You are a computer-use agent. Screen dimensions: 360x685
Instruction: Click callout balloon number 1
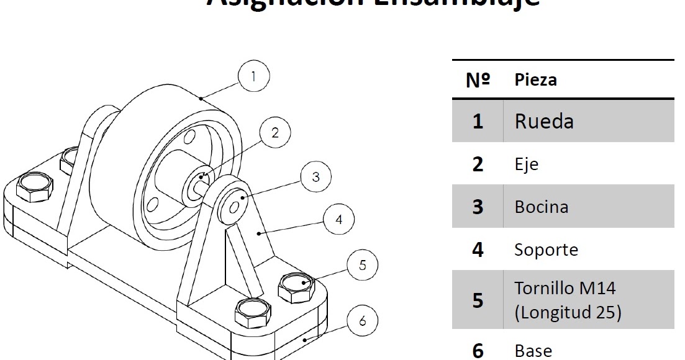(x=253, y=77)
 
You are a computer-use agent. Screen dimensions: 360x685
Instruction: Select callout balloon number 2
(x=275, y=132)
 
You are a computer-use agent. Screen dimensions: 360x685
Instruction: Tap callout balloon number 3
(x=316, y=177)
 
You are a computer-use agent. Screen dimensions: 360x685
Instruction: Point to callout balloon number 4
(x=338, y=219)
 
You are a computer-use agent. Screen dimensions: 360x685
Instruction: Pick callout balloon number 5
(x=363, y=265)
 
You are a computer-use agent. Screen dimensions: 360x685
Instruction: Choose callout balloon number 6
(x=363, y=321)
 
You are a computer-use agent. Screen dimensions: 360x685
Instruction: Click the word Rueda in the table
(x=544, y=121)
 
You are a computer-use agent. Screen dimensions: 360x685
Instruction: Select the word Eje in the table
(x=526, y=164)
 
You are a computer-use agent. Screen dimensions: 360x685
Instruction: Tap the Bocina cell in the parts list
(x=541, y=207)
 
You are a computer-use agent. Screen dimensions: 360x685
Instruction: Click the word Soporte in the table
(x=546, y=250)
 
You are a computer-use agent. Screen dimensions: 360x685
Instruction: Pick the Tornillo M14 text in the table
(x=565, y=289)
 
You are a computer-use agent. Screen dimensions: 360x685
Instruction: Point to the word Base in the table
(x=533, y=351)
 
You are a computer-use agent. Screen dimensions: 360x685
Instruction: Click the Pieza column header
(x=535, y=80)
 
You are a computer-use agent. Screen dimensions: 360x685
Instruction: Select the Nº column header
(x=477, y=80)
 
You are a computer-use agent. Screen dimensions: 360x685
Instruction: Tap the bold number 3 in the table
(x=477, y=207)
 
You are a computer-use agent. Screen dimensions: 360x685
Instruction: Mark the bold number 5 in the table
(x=477, y=300)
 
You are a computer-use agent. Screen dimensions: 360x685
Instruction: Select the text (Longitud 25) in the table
(x=568, y=312)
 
